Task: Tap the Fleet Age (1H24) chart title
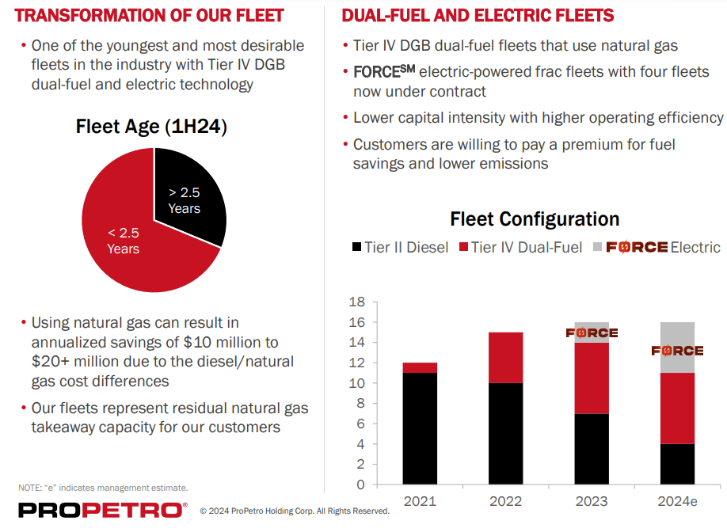(x=151, y=127)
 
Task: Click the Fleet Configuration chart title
(x=535, y=218)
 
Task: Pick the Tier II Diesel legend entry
(x=400, y=247)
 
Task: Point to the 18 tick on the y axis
(x=356, y=302)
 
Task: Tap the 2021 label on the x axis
(x=420, y=501)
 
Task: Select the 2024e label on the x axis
(x=677, y=501)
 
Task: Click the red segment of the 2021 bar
(x=420, y=367)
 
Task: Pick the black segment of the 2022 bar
(x=505, y=433)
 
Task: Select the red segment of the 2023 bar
(x=592, y=378)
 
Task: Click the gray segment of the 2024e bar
(x=677, y=336)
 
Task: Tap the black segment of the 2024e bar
(x=677, y=464)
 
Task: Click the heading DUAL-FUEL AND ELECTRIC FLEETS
(x=478, y=15)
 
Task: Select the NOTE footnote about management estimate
(x=103, y=488)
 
